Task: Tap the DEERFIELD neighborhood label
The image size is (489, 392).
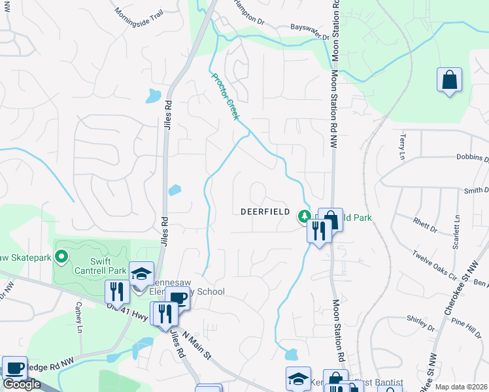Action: click(x=265, y=212)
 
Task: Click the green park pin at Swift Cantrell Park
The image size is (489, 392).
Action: click(x=62, y=257)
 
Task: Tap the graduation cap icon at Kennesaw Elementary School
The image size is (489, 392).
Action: click(x=141, y=274)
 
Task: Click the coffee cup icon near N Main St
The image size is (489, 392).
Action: click(x=177, y=299)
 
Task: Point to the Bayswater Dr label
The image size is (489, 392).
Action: click(x=309, y=29)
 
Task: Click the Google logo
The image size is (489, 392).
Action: click(x=22, y=384)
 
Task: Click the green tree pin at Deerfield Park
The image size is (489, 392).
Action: click(x=303, y=215)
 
